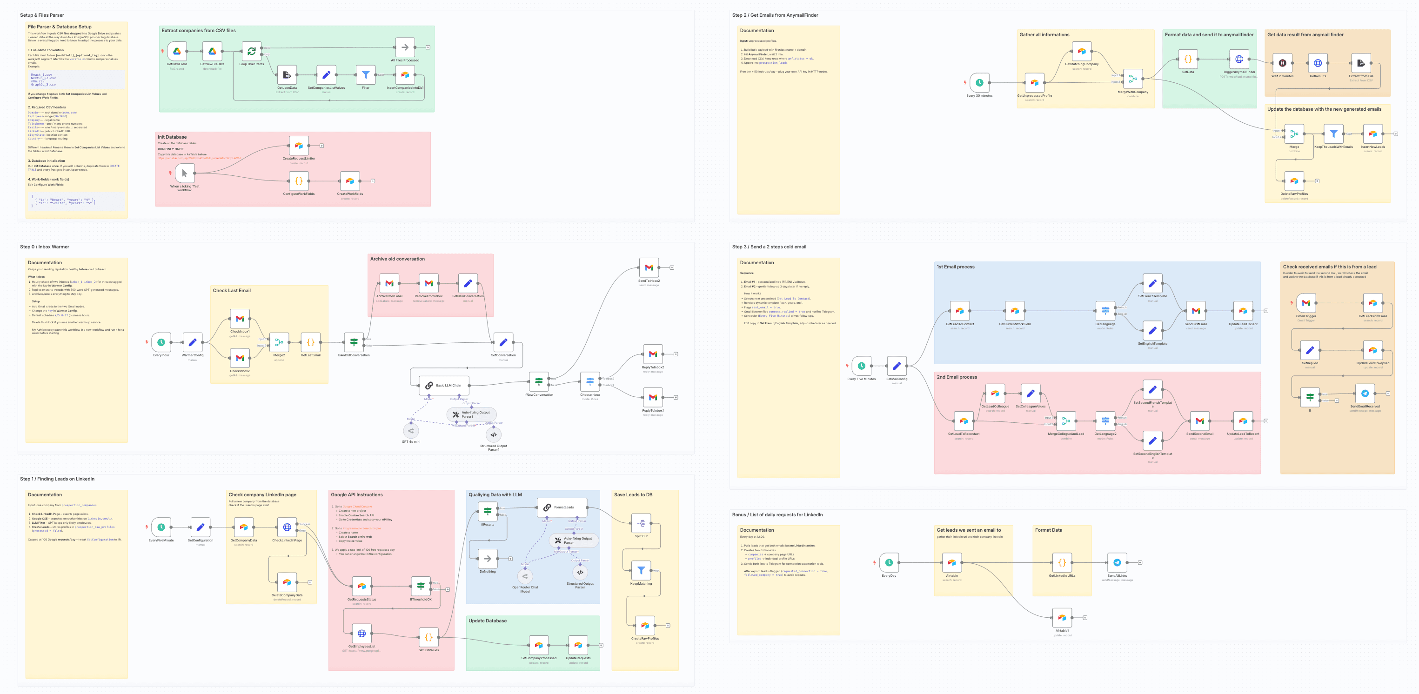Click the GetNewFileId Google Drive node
coord(177,51)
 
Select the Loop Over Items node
coord(251,51)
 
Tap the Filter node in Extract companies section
coord(365,75)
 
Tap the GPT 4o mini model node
coord(411,431)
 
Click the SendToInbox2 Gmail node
coord(649,267)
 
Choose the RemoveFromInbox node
coord(428,283)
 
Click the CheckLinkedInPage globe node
coord(287,527)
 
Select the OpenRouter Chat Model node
coord(525,576)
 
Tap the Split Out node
coord(641,523)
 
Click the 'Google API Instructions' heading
coord(356,494)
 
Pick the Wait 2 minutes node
coord(1282,63)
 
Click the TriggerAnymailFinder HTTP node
coord(1239,59)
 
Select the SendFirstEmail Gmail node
coord(1195,311)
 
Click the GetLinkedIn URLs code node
coord(1062,562)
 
